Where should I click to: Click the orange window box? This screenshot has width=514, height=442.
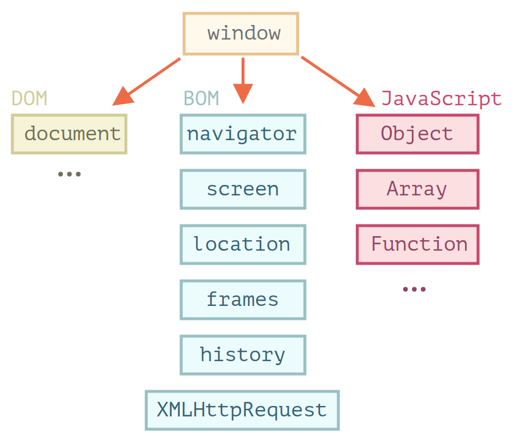click(241, 33)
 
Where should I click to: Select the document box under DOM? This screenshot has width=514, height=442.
click(69, 134)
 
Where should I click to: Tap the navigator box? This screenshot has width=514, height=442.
click(243, 134)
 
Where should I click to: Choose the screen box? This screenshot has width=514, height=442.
click(243, 189)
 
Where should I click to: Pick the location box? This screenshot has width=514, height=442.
click(243, 244)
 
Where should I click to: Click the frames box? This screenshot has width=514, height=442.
click(243, 300)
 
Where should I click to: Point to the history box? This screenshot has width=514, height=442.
click(243, 355)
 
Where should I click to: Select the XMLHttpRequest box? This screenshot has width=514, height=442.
click(242, 410)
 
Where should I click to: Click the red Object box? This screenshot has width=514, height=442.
click(417, 134)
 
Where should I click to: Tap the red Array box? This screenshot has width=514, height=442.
click(417, 189)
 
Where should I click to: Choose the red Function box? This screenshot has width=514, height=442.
click(417, 244)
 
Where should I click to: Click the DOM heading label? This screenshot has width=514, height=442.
click(30, 99)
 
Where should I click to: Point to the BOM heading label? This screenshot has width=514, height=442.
click(201, 99)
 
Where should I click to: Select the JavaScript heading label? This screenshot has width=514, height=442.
click(441, 99)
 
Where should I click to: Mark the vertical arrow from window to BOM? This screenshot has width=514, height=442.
click(243, 79)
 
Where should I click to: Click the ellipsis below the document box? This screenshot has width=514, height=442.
click(69, 174)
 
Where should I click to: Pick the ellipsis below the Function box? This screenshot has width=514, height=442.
click(414, 289)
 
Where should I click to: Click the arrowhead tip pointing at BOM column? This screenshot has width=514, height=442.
click(243, 102)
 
